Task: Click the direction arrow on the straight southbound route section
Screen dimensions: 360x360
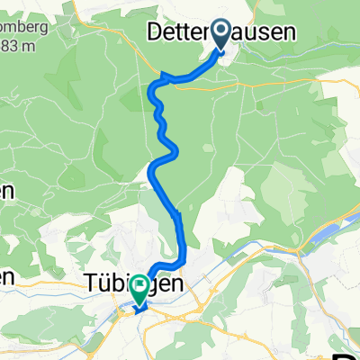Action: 178,216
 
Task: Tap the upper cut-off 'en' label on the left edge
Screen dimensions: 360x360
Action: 7,192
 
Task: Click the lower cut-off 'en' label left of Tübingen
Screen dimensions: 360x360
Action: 7,279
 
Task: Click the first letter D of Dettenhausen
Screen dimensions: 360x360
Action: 155,32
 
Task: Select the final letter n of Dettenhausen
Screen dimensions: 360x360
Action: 293,32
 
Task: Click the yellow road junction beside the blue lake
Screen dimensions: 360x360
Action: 309,247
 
